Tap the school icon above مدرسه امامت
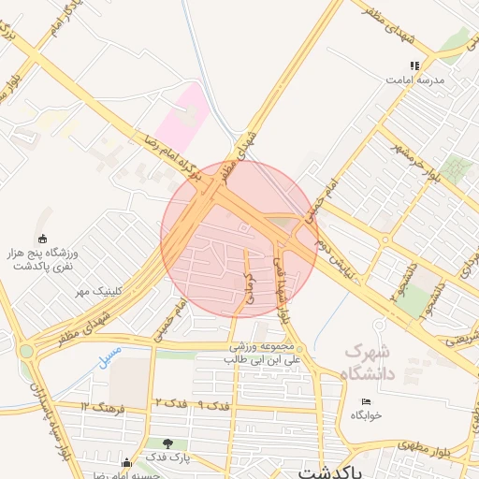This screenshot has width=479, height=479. pos(414,65)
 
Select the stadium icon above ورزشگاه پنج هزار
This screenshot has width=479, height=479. pos(41,239)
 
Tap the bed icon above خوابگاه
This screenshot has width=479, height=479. pos(366,401)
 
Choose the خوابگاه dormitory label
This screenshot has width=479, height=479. pos(367,414)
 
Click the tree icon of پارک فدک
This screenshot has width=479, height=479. pos(167,443)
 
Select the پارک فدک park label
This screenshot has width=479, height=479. pos(167,457)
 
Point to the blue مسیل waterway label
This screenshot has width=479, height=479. pos(109,356)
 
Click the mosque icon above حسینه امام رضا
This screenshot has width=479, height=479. pos(126,462)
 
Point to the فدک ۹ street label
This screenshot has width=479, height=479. pos(215,406)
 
